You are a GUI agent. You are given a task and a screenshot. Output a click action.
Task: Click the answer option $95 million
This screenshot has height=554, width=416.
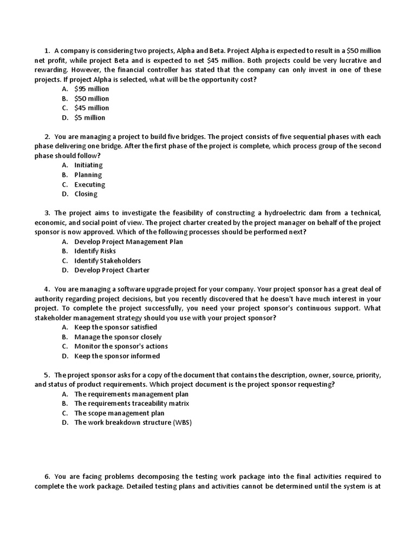[x=92, y=89]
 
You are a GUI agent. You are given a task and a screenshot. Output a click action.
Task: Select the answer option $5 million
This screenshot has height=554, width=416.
[x=90, y=117]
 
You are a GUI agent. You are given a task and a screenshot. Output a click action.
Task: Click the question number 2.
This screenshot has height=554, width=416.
[x=47, y=136]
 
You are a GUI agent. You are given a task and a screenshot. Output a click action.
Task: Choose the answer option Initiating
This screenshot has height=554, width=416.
[x=88, y=165]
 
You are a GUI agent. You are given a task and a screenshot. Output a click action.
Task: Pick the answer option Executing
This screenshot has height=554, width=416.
[x=90, y=184]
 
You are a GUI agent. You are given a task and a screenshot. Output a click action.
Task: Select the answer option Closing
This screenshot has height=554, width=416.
[x=86, y=194]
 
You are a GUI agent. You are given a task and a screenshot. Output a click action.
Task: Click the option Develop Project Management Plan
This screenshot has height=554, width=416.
[x=128, y=241]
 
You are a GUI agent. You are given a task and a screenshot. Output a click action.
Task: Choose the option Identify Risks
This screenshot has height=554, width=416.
[x=95, y=251]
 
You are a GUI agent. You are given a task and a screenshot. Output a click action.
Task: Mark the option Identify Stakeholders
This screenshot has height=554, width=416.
[x=107, y=261]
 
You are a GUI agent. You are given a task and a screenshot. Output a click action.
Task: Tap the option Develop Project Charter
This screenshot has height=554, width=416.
[x=112, y=270]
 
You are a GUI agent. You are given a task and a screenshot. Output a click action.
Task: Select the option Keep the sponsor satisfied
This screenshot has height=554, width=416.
[x=115, y=327]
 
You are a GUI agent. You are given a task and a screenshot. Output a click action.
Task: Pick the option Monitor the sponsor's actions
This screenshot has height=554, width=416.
[x=121, y=346]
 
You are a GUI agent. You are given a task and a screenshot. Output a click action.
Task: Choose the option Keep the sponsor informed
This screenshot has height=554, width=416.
[x=117, y=356]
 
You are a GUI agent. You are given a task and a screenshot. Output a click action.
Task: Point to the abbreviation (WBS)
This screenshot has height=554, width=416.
[x=182, y=423]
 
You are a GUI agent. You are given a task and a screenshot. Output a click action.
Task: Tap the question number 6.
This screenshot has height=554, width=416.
[x=47, y=476]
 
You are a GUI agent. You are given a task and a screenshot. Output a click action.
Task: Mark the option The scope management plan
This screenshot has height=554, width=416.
[x=119, y=413]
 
